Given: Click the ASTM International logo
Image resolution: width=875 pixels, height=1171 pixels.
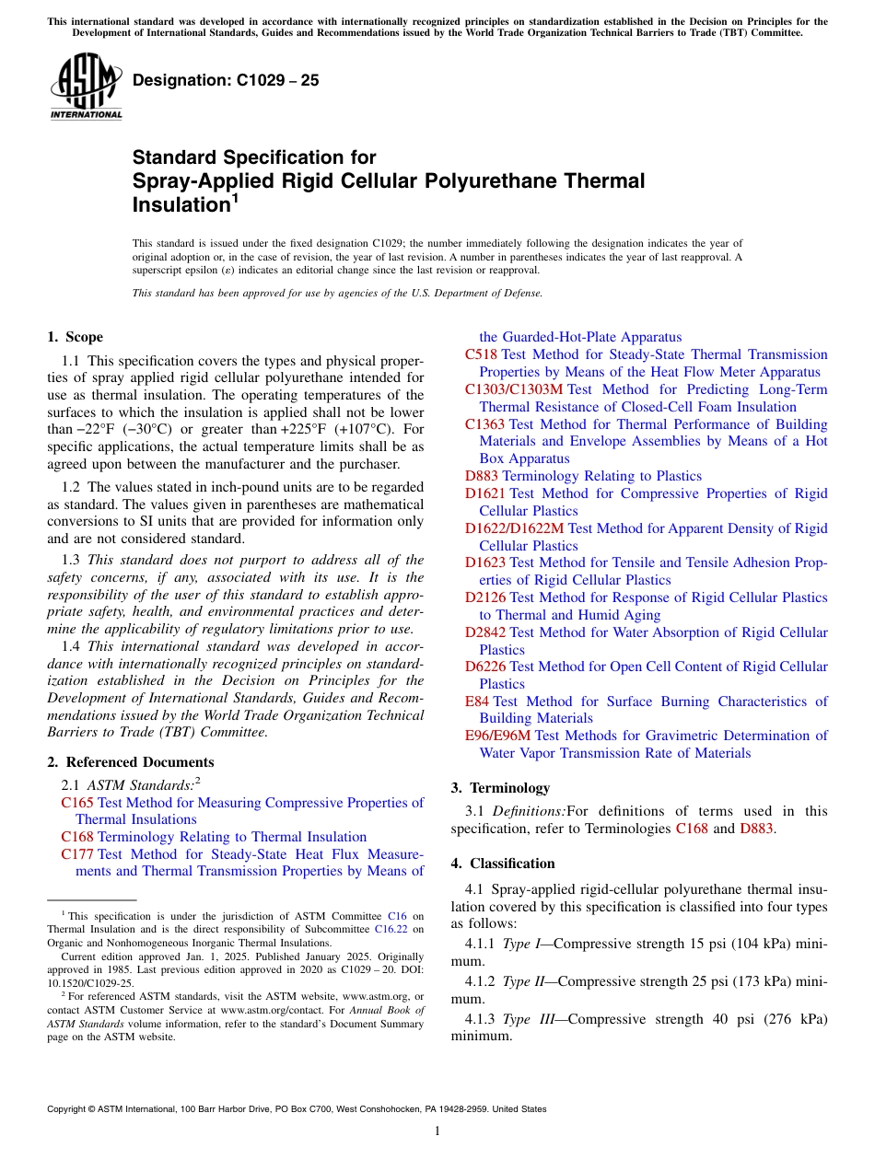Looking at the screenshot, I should tap(86, 86).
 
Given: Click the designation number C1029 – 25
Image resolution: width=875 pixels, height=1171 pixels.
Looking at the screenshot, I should tap(226, 80).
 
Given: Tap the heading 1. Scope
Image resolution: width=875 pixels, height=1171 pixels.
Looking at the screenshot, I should tap(76, 337).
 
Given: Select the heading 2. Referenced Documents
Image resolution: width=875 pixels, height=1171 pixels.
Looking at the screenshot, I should tap(130, 762).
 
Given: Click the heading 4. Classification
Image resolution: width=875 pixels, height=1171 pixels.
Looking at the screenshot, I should tap(503, 864).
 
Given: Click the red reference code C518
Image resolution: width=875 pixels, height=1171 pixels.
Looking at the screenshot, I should tap(481, 354).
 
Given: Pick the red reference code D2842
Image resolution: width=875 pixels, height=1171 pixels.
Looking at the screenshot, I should tap(484, 632).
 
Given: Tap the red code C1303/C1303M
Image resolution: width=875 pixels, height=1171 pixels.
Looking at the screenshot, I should tap(513, 389).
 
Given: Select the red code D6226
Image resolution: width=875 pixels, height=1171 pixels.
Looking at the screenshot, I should tap(484, 667).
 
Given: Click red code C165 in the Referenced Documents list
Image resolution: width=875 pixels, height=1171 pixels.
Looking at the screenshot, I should tap(77, 803).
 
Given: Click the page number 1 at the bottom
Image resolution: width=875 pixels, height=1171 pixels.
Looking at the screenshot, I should tap(437, 1130).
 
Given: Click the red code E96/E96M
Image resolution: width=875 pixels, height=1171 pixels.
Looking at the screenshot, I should tap(497, 736).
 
